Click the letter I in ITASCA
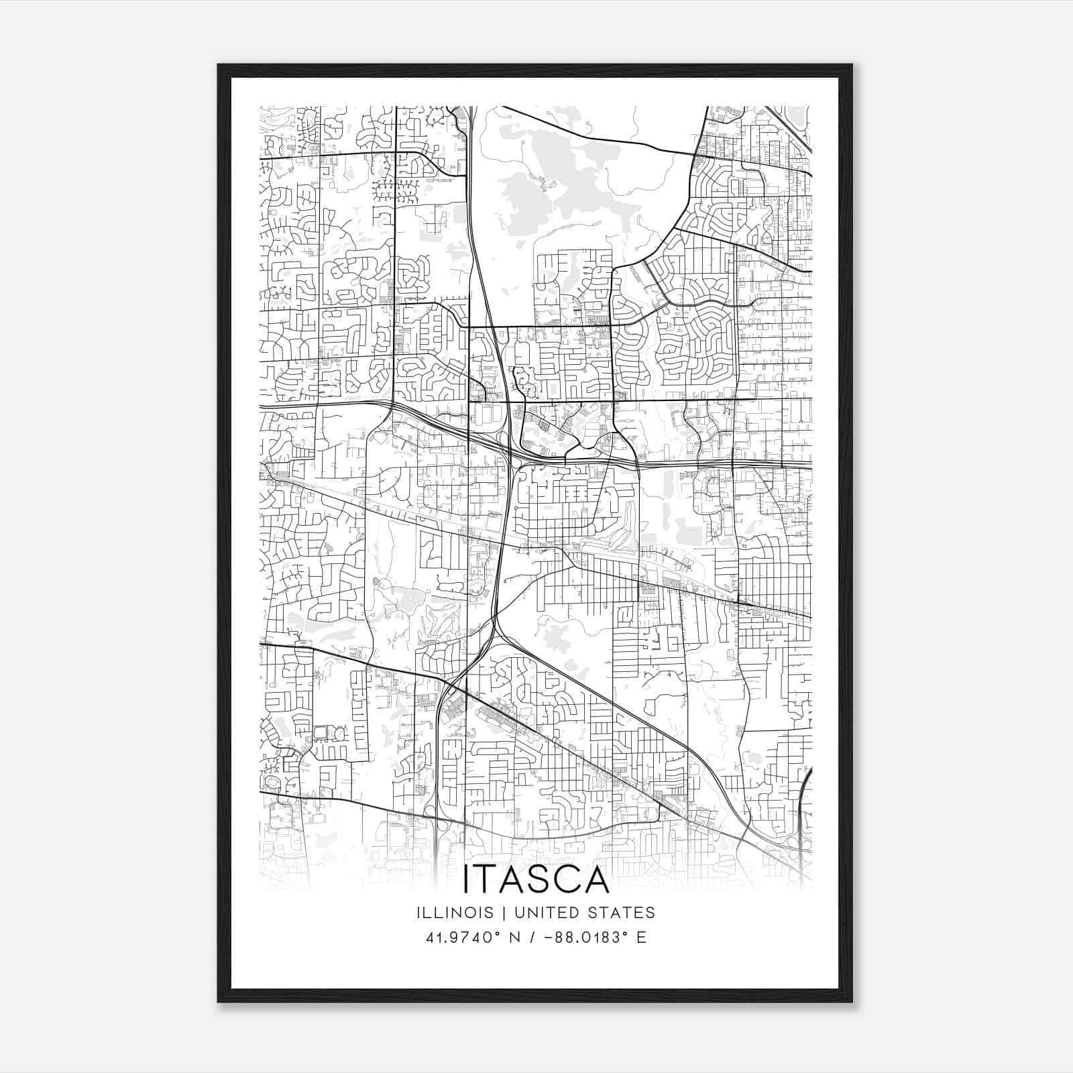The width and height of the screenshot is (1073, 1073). point(467,880)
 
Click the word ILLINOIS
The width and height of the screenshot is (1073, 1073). point(453,912)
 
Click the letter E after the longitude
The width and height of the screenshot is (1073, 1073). point(641,938)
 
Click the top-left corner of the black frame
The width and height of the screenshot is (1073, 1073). point(219,65)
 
